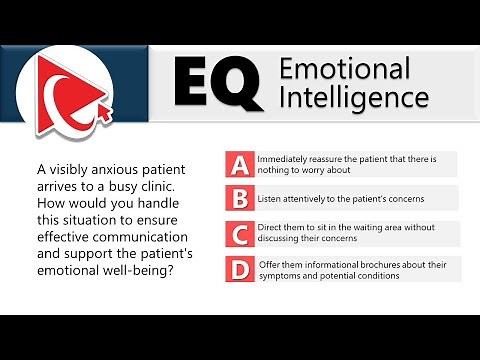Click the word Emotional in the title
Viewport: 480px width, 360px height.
[344, 69]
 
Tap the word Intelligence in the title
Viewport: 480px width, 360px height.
[354, 98]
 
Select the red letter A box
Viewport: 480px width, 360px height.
[238, 164]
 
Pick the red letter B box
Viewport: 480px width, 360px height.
[238, 198]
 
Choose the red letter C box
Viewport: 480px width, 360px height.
[238, 234]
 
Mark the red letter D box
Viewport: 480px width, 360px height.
[238, 269]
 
